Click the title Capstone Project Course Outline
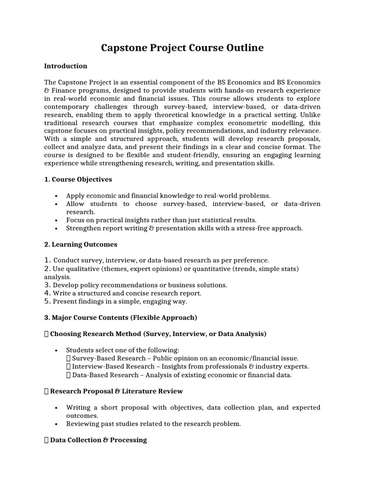tap(182, 48)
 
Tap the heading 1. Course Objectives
tap(78, 179)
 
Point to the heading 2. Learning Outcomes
tap(80, 244)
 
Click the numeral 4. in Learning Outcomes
tap(48, 293)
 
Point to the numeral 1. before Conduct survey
tap(48, 260)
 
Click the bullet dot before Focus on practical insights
tap(57, 220)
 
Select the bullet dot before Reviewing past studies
tap(57, 424)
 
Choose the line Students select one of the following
tap(123, 350)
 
